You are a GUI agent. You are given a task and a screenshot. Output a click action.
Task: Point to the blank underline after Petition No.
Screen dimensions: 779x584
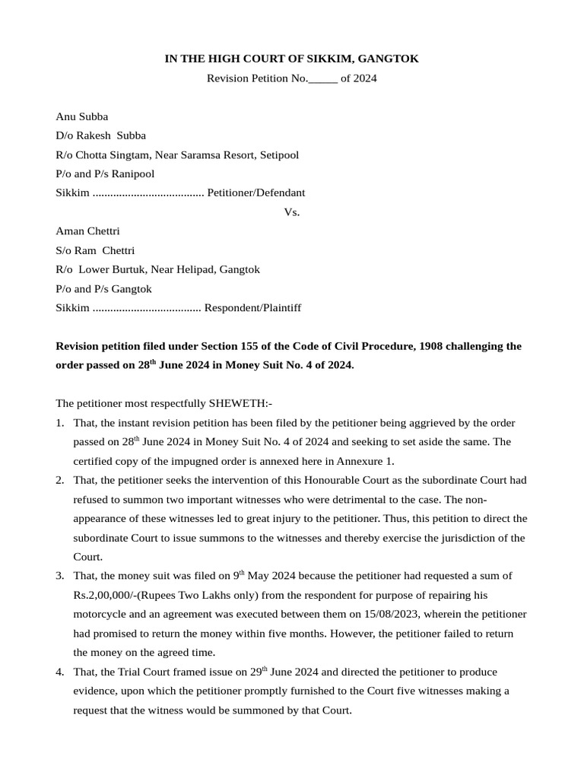point(323,79)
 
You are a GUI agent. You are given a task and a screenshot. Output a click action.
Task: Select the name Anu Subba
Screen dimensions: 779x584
point(82,116)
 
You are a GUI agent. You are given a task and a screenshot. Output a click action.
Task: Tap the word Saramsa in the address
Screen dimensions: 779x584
point(216,154)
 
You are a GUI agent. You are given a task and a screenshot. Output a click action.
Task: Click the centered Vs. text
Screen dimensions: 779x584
point(292,212)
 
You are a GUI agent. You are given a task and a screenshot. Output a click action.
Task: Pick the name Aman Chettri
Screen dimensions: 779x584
point(87,231)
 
